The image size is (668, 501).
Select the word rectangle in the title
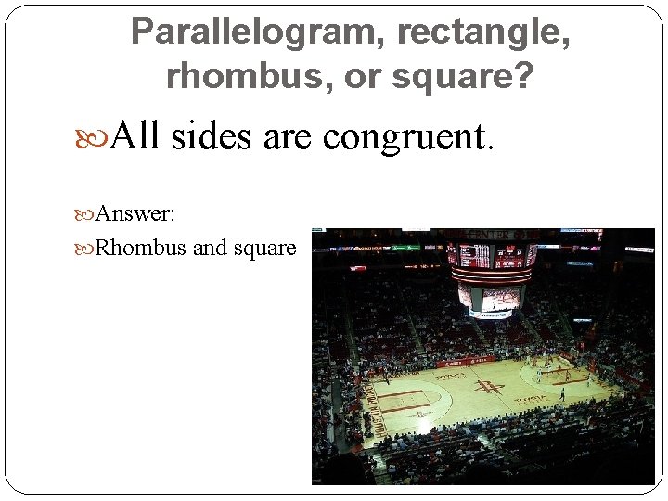point(483,33)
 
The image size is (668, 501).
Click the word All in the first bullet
point(134,137)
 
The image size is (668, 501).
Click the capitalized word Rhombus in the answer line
point(141,249)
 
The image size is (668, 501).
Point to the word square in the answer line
point(264,249)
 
